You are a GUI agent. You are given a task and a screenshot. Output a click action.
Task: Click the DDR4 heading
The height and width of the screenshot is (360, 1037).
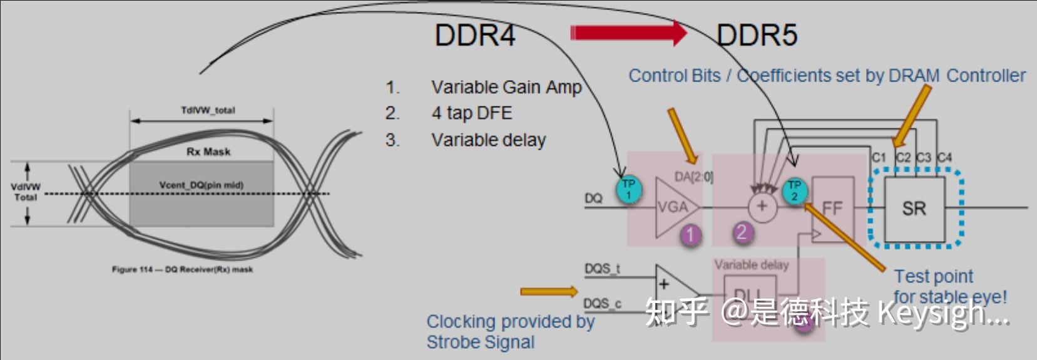point(474,35)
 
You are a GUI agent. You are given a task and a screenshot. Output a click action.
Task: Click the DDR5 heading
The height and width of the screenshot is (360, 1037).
point(757,35)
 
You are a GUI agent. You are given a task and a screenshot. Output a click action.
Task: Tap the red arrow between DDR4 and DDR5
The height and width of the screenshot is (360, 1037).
point(629,33)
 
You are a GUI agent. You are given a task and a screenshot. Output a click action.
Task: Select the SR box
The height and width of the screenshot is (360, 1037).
point(914,208)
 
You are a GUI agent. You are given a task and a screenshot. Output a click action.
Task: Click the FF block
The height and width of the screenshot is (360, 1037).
point(832,208)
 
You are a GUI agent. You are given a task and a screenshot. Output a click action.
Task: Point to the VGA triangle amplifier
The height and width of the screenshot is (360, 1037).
point(673,207)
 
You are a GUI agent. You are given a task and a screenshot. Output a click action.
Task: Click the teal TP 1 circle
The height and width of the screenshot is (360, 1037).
point(628,190)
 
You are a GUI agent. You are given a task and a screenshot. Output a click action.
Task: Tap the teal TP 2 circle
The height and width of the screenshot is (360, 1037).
point(794,190)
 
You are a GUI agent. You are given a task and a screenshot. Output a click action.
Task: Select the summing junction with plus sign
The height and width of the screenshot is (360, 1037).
point(762,207)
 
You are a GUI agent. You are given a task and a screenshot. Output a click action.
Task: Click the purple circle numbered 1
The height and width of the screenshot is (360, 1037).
point(690,235)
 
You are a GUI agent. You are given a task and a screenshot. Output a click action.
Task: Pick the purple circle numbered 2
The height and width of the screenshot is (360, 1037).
point(742,233)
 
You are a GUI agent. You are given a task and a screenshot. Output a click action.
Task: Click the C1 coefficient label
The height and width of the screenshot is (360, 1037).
point(879,157)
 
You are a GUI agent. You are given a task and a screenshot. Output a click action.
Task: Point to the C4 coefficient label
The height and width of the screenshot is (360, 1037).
point(944,157)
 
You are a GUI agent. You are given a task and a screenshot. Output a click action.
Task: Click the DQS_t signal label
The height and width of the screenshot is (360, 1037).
point(602,269)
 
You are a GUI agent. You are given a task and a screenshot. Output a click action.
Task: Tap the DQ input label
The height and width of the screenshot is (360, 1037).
point(593,198)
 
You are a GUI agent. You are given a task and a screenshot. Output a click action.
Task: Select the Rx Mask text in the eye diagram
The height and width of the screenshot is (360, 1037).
point(208,152)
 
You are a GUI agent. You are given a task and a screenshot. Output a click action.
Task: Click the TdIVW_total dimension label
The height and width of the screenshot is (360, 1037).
point(208,110)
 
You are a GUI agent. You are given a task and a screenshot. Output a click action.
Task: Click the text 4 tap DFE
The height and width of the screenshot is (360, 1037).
point(471,113)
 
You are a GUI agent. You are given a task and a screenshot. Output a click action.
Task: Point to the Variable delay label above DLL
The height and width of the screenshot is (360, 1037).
point(751,265)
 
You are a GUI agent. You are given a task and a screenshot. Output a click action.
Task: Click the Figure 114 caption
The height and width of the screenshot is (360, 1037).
point(182,269)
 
